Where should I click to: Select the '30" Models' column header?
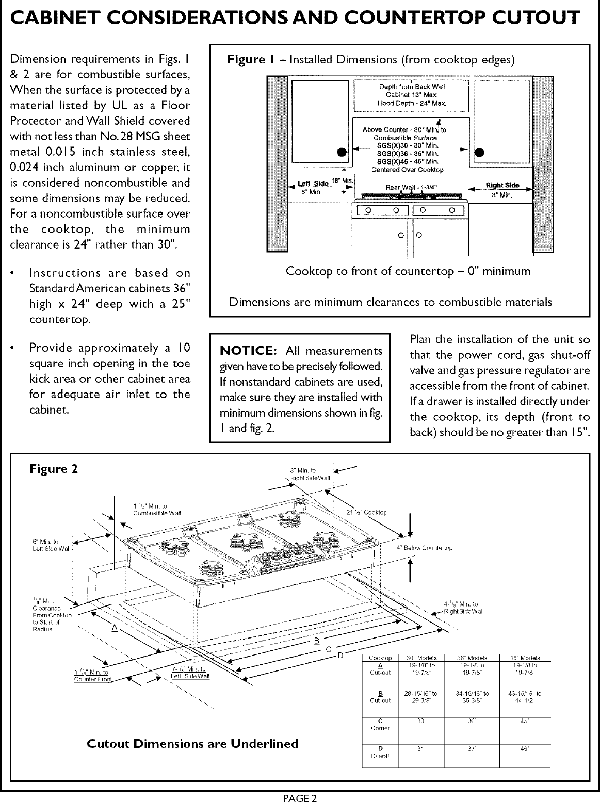click(422, 658)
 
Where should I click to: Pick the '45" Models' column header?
click(524, 658)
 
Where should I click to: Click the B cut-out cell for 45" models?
click(524, 697)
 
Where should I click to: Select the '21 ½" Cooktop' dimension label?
click(366, 512)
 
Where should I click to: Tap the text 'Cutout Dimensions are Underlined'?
click(192, 743)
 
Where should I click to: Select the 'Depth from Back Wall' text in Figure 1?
click(412, 87)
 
